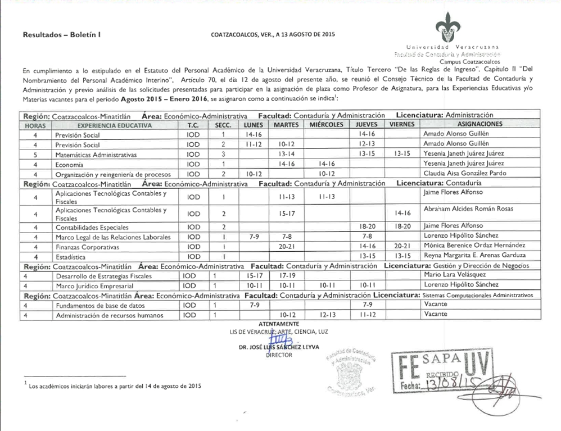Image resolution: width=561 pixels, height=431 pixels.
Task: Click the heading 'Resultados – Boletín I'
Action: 61,35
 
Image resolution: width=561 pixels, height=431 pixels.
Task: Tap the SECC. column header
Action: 223,124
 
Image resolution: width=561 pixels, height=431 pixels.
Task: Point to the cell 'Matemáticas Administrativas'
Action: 96,154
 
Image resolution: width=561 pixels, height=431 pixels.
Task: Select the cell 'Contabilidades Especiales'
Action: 92,228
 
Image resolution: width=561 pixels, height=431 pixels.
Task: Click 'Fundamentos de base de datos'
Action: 100,305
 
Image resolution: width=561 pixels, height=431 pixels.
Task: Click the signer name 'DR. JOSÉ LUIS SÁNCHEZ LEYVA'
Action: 278,347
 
